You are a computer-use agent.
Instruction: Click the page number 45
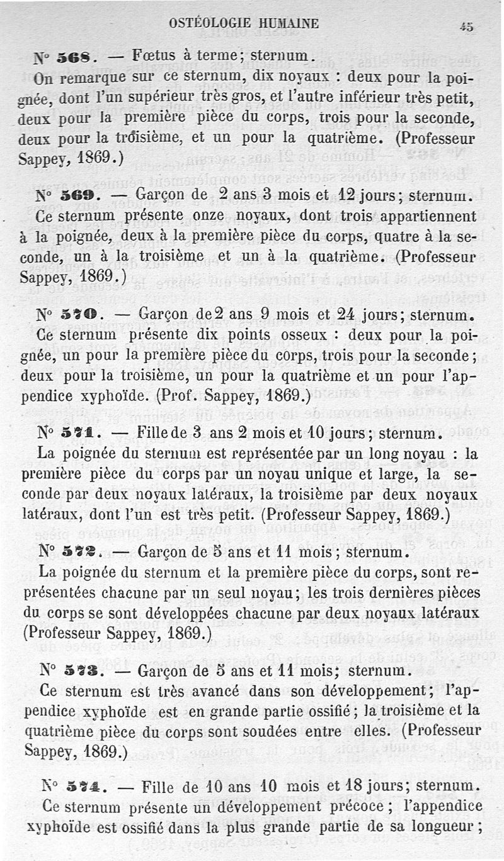pos(467,26)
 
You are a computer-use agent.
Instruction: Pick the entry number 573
pos(81,670)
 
